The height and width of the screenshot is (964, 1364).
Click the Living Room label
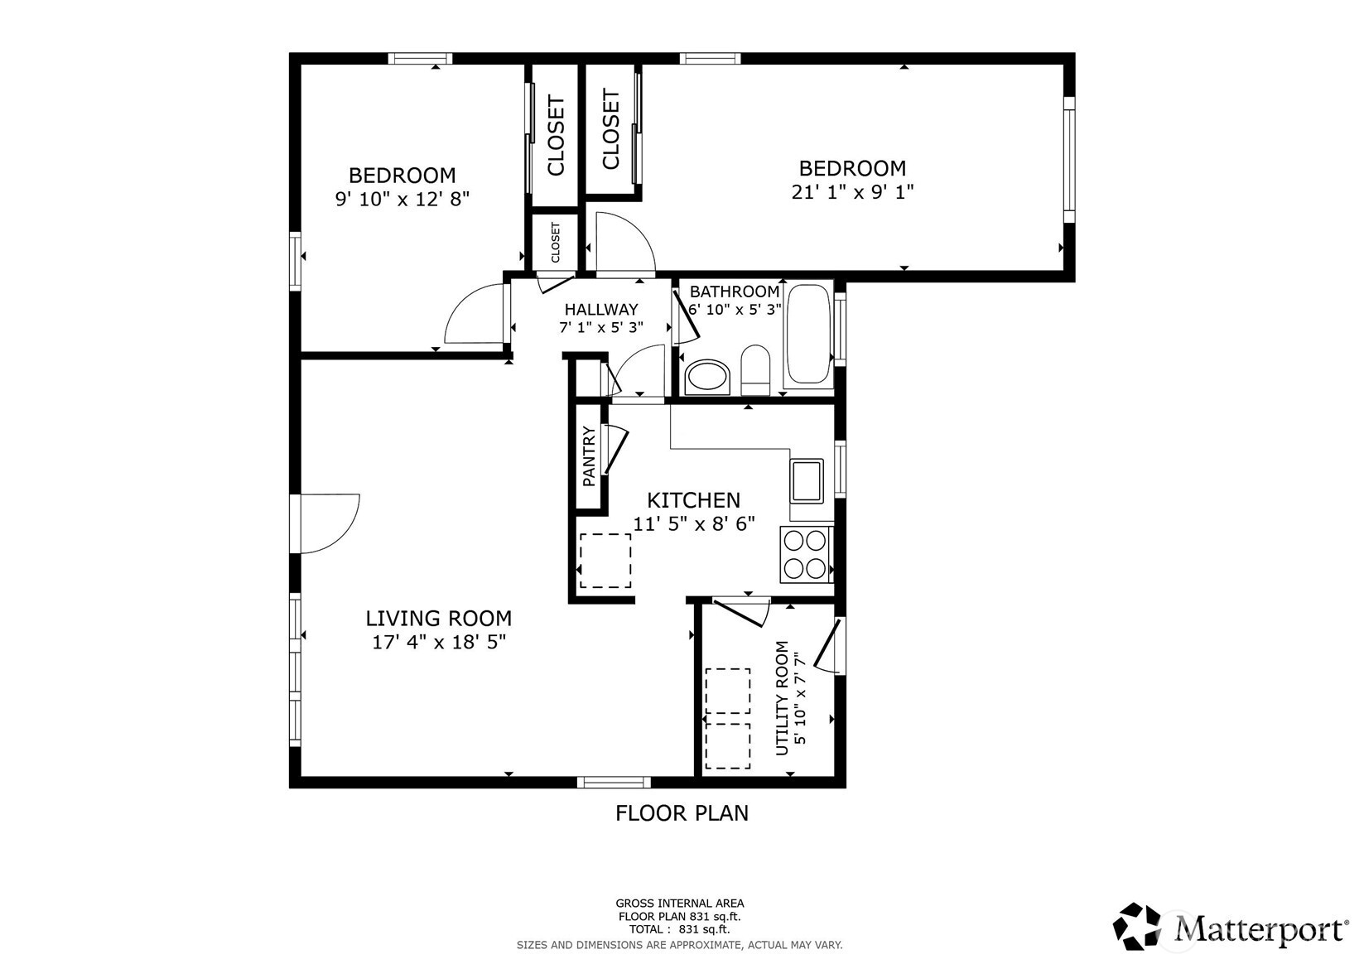coord(438,618)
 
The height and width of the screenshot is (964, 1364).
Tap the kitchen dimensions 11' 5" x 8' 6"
coord(694,523)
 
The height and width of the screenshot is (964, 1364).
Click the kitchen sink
coord(807,480)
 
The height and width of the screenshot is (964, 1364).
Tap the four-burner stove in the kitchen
coord(805,555)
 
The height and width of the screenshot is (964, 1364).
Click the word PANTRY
coord(588,456)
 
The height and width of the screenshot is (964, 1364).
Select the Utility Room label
coord(782,698)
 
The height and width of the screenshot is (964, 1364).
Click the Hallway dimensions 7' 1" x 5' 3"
coord(601,328)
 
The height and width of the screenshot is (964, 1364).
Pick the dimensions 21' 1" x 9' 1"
coord(852,192)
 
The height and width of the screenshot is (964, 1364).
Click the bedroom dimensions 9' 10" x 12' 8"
coord(402,199)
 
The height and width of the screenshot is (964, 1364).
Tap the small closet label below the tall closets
coord(556,243)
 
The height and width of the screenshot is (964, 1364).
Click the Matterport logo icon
coord(1136,926)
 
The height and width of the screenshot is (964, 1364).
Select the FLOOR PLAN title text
coord(682,813)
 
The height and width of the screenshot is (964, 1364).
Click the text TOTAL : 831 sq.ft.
coord(680,929)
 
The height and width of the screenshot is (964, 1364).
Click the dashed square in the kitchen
coord(605,561)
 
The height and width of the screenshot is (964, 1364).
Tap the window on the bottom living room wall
coord(614,782)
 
